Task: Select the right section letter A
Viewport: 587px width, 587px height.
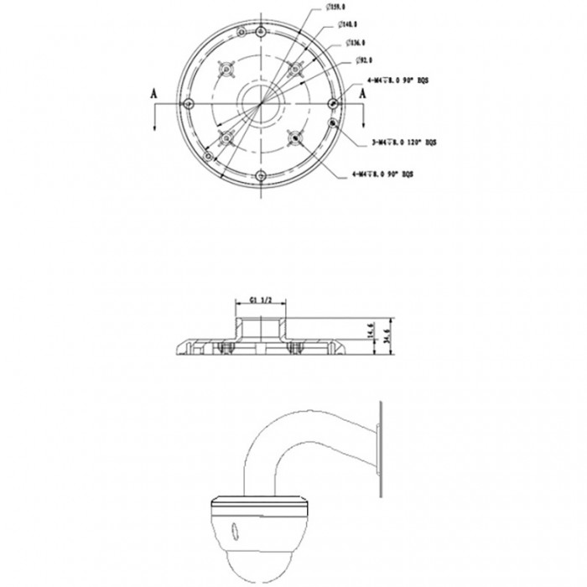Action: (x=363, y=95)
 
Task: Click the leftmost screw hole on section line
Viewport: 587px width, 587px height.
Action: (x=188, y=102)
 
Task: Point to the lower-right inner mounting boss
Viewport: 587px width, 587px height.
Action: (x=296, y=137)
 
